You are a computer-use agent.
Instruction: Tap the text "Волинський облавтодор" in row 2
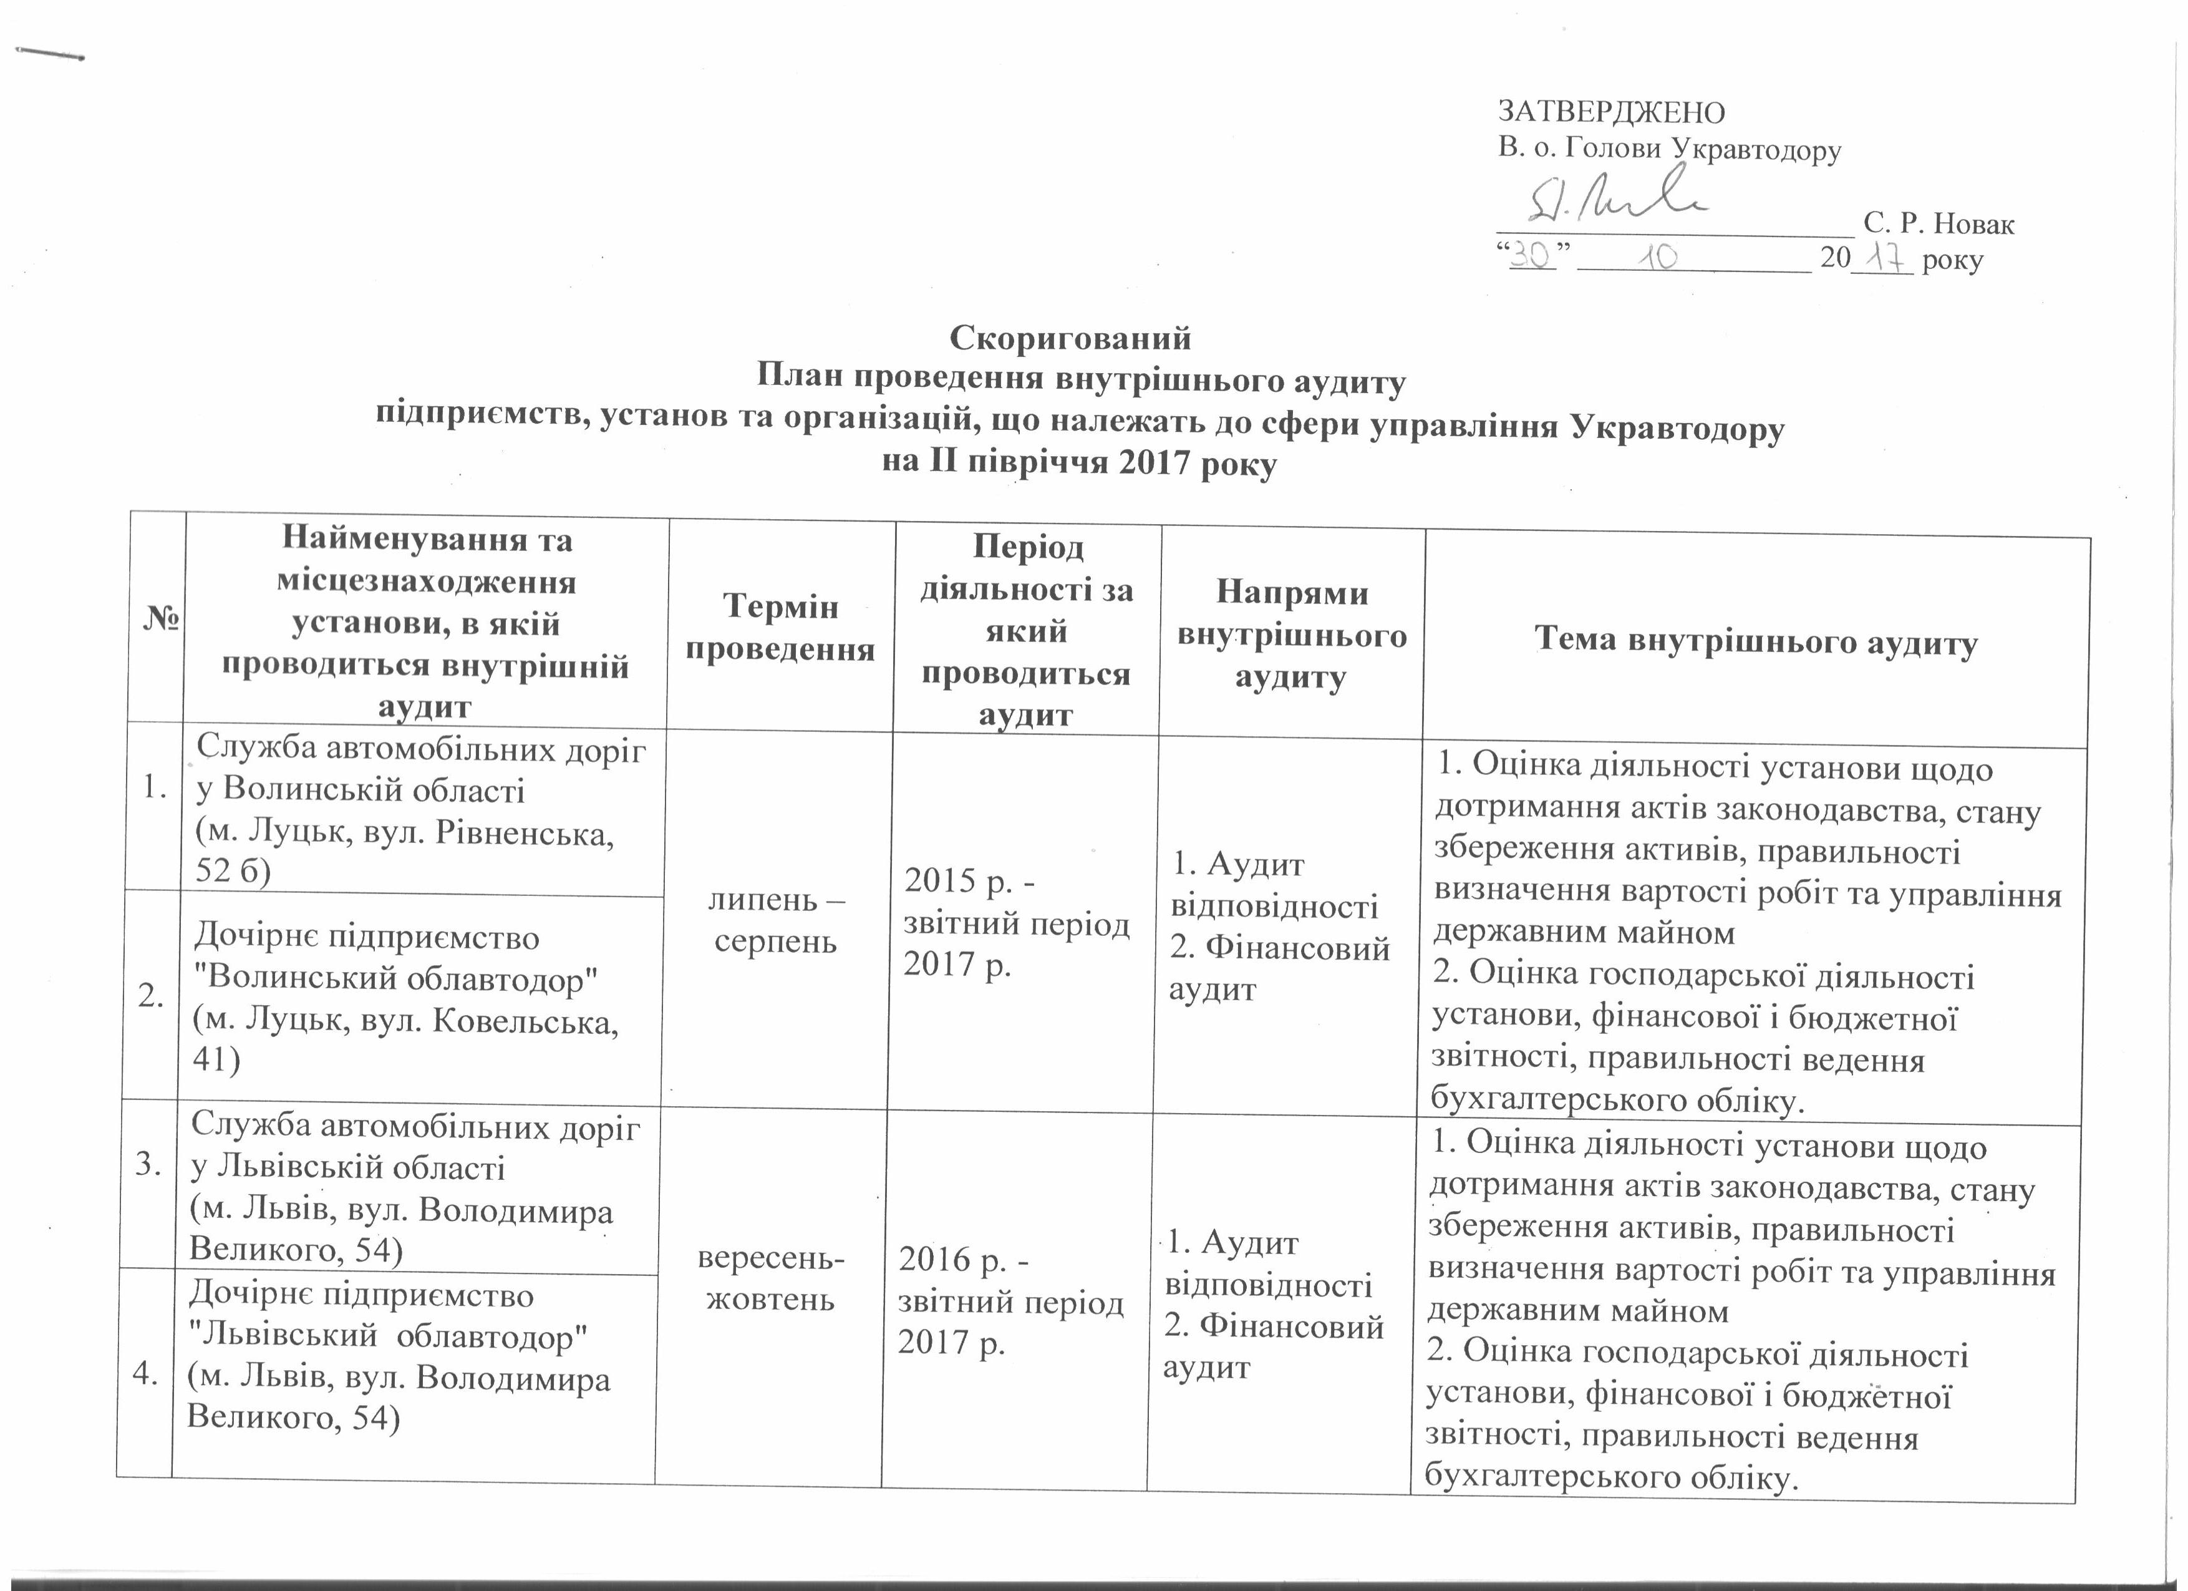tap(397, 980)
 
